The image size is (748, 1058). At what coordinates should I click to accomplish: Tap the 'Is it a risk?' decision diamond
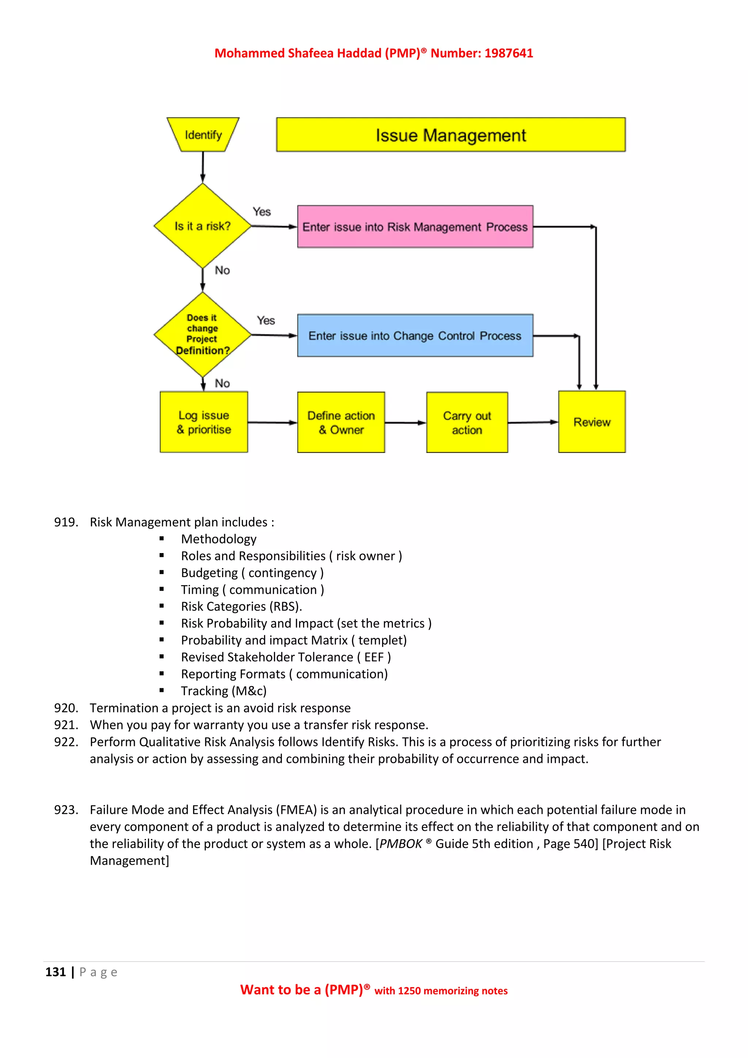[203, 226]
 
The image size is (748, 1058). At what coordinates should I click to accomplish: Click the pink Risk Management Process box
[415, 227]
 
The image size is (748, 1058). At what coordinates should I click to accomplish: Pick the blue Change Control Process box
[415, 335]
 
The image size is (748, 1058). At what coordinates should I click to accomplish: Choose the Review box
[592, 422]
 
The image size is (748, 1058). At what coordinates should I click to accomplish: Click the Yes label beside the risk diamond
[262, 212]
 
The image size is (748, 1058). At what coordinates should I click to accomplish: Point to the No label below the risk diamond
[222, 270]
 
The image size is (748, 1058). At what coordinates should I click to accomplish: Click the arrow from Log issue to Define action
[272, 423]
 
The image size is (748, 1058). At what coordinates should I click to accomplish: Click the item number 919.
[66, 522]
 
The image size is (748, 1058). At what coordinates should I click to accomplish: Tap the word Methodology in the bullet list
[219, 539]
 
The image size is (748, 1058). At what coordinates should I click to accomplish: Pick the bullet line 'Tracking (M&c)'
[224, 691]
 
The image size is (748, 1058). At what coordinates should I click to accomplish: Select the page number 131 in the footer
[56, 972]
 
